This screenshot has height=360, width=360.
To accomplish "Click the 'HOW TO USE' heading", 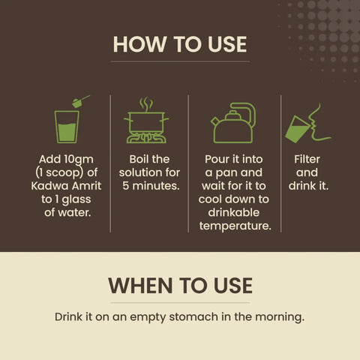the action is pos(180,44).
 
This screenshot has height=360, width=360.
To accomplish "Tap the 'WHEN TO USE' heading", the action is pos(180,285).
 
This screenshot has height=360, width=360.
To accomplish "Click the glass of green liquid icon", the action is pos(67,127).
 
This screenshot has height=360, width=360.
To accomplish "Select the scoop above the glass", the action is pos(81,101).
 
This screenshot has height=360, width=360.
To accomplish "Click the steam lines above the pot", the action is pos(146,104).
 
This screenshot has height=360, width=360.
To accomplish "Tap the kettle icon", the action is pos(233,123).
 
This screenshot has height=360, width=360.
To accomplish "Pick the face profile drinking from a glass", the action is pos(317,122).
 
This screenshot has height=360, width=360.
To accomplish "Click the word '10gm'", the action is pos(78,160).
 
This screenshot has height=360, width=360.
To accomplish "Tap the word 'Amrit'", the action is pos(86,186).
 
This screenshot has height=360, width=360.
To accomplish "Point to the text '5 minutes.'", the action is pos(151,186).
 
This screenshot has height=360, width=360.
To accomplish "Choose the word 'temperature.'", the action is pos(235,226).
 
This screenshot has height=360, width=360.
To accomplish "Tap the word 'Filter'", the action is pos(307,159).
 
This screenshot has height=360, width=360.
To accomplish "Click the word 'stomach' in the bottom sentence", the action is pos(193,317).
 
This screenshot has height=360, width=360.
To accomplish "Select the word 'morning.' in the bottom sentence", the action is pos(280,317).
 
